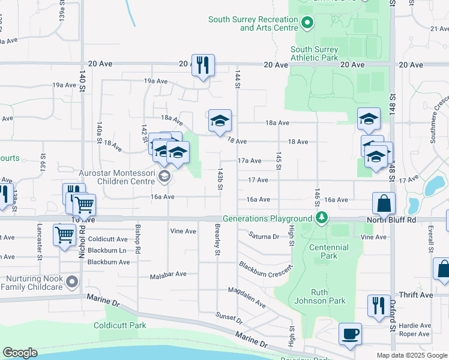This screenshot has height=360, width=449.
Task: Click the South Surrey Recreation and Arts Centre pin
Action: [308, 23]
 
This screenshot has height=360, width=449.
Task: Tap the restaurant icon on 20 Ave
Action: [203, 64]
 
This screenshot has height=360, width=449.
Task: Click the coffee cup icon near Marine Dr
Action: [350, 334]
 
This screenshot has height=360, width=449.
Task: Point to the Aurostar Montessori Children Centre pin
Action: [164, 176]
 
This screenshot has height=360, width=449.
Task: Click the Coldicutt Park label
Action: [120, 326]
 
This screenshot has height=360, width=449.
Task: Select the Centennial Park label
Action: [329, 251]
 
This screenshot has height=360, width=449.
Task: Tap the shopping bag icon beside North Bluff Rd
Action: [384, 203]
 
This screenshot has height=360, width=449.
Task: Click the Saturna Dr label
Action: [265, 236]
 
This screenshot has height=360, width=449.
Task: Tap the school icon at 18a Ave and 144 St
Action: [220, 121]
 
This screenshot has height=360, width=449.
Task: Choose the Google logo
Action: [20, 353]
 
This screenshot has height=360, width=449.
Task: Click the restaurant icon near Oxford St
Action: [378, 306]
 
